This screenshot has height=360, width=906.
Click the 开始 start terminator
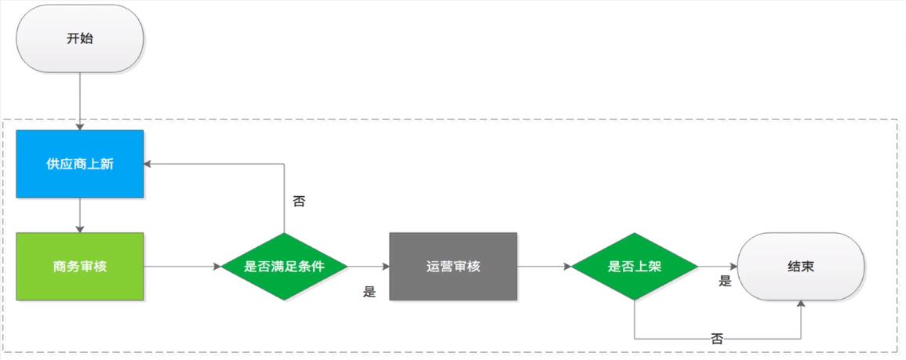(80, 38)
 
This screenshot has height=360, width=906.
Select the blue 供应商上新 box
(80, 164)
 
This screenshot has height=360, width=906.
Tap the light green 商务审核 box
(80, 267)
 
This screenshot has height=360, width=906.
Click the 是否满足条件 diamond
(284, 267)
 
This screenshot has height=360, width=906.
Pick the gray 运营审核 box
(453, 267)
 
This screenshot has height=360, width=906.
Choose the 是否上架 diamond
(635, 267)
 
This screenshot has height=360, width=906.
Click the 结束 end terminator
(802, 267)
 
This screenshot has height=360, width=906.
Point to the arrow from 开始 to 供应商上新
(80, 102)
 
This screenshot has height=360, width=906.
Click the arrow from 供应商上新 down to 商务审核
(80, 216)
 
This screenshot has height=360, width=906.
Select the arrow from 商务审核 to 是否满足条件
(182, 267)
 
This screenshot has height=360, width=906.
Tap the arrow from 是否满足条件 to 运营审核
(369, 267)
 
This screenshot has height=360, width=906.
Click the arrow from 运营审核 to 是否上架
(544, 267)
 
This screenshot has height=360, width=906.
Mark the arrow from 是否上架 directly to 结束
(719, 267)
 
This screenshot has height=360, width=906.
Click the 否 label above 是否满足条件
(300, 202)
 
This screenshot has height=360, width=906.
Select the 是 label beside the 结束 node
(725, 282)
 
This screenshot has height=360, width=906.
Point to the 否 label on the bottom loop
(717, 339)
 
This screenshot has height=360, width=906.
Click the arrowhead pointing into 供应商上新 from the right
(148, 164)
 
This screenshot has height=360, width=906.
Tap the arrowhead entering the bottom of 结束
(802, 304)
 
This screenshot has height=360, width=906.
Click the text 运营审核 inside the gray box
(453, 267)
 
